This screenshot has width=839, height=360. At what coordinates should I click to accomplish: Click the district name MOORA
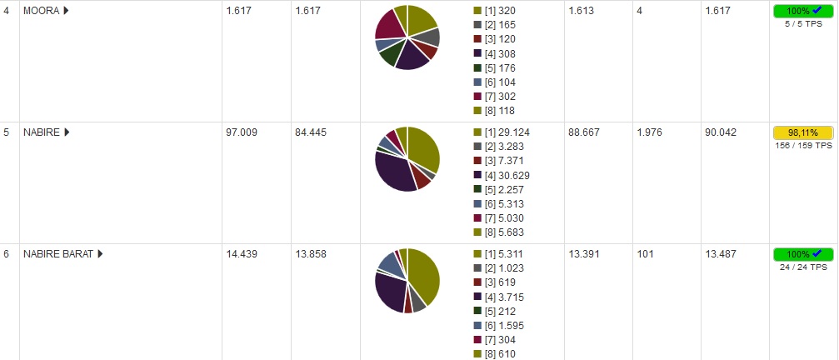[41, 11]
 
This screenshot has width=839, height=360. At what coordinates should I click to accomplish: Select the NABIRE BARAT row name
[57, 254]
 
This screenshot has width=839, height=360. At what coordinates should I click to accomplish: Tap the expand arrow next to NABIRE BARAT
[100, 254]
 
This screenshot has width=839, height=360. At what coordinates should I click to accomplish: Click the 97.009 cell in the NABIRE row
[242, 132]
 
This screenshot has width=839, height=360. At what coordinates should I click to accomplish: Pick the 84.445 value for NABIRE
[311, 132]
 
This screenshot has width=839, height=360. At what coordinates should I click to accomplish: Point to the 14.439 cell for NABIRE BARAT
[242, 254]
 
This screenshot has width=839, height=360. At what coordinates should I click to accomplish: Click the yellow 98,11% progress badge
[802, 132]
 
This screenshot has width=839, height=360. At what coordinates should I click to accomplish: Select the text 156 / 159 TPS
[802, 145]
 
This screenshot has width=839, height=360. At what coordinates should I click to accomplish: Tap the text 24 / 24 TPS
[802, 267]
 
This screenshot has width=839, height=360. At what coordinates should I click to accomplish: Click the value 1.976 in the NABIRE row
[650, 132]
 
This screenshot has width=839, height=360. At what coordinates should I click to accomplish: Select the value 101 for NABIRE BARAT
[644, 254]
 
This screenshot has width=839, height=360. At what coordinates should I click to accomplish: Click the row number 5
[7, 132]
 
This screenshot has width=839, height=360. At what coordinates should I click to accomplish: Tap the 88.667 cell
[584, 132]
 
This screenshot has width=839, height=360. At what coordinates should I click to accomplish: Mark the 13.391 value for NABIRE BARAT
[584, 254]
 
